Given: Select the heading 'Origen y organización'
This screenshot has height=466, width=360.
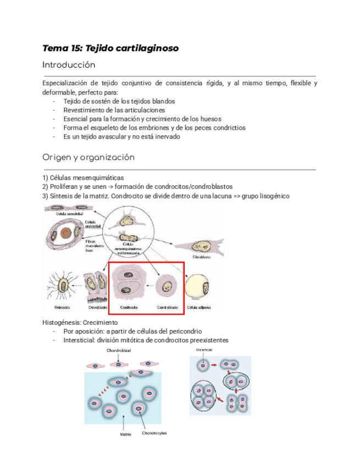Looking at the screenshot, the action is (x=88, y=157).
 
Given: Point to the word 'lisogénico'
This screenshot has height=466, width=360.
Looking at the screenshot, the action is (x=274, y=196).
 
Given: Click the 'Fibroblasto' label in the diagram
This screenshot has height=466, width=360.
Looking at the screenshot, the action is (x=201, y=257).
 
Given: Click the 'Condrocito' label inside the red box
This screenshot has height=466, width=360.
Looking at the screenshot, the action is (x=128, y=307).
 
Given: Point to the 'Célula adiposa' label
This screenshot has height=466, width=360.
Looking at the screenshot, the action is (x=198, y=307).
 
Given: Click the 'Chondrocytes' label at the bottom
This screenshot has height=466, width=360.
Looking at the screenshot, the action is (x=154, y=433).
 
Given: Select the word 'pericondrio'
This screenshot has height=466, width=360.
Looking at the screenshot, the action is (x=183, y=331).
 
